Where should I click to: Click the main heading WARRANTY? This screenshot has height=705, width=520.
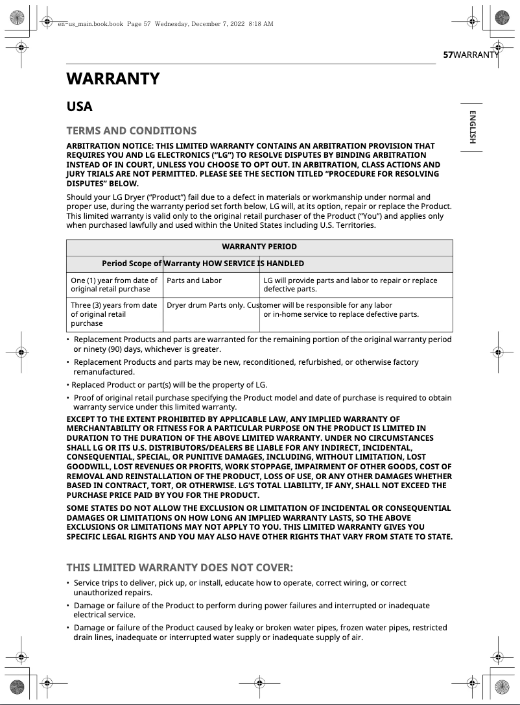point(113,79)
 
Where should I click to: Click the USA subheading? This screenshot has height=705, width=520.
point(80,107)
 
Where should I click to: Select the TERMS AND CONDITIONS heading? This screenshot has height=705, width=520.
point(131,130)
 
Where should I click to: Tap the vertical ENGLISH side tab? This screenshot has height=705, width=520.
point(472,127)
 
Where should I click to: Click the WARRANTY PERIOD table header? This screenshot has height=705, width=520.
point(259,247)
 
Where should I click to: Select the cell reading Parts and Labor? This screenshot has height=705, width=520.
point(194,280)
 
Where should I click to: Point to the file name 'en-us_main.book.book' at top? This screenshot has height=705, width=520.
point(90,24)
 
